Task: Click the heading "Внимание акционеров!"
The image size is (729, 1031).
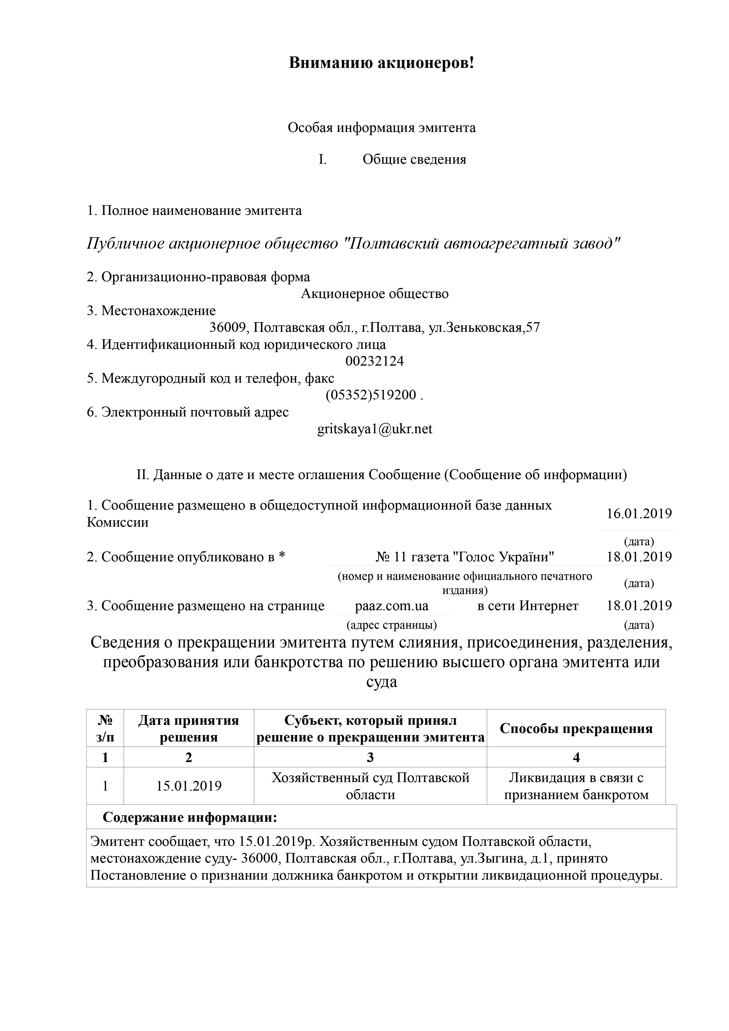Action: tap(381, 63)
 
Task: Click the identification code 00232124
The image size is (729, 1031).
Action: tap(374, 361)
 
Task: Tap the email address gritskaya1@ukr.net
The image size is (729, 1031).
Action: tap(374, 429)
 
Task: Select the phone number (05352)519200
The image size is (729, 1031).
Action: tap(371, 395)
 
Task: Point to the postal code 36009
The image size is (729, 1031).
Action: tap(228, 327)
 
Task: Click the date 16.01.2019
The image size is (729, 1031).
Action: tap(639, 513)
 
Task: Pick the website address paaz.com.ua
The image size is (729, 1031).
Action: tap(392, 606)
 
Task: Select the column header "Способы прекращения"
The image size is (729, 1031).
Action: tap(576, 728)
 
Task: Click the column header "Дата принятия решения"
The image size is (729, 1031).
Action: tap(189, 728)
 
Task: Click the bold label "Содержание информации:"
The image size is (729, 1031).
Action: tap(190, 817)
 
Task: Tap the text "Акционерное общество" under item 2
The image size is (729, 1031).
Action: tap(374, 294)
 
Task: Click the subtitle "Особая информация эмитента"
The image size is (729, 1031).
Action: tap(381, 128)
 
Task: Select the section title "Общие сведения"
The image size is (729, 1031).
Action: tap(414, 159)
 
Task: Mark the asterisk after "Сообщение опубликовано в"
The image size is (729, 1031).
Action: tap(282, 556)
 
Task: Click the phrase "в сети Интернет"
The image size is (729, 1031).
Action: tap(528, 606)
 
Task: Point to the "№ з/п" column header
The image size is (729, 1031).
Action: tap(105, 728)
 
